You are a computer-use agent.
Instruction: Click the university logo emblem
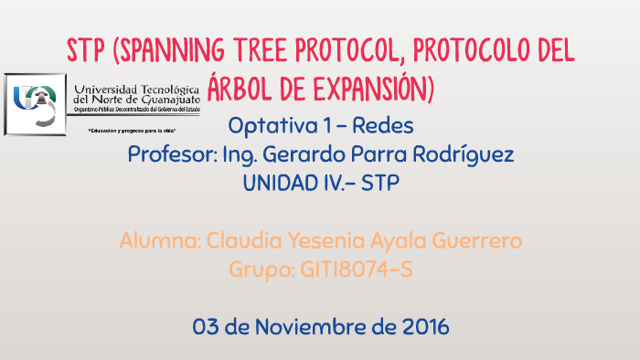34,103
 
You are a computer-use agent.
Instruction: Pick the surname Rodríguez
466,154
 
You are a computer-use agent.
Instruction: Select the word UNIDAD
284,183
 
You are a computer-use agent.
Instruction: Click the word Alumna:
160,242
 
